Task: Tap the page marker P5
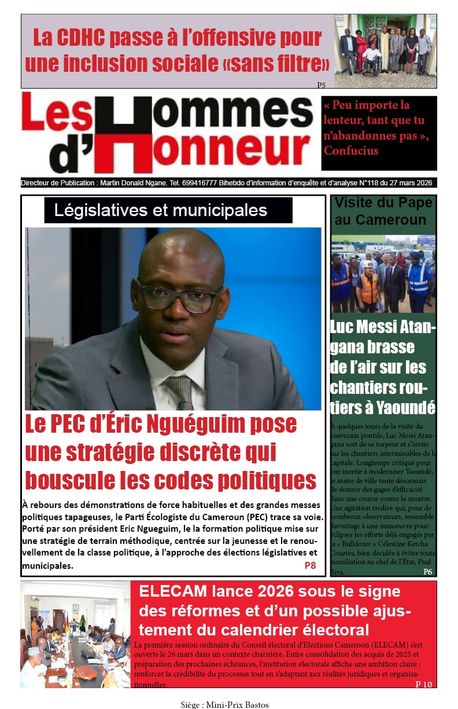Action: coord(321,85)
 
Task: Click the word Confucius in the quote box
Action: coord(351,151)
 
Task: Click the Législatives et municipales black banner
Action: coord(168,210)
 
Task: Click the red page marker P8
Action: coord(310,565)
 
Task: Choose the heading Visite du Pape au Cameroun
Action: coord(383,211)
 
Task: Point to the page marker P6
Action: coord(427,572)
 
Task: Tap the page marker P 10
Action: coord(423,684)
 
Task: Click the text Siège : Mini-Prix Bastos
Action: coord(224,704)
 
